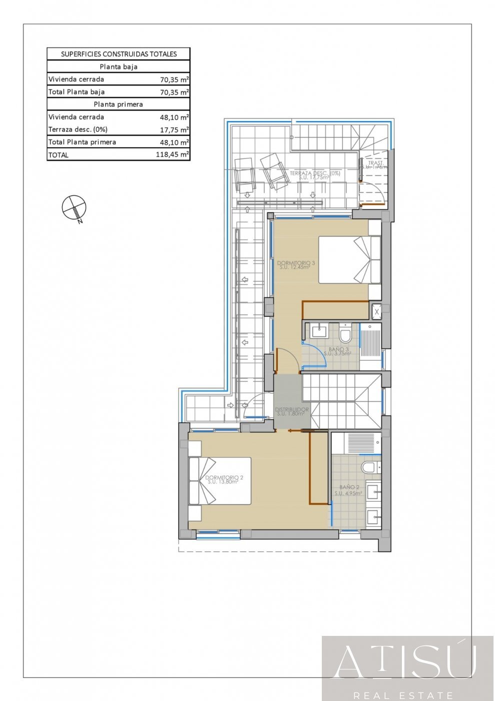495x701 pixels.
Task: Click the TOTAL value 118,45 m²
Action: point(172,155)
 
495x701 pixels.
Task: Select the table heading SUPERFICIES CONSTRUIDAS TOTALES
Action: point(119,54)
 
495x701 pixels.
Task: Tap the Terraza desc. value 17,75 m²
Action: point(174,130)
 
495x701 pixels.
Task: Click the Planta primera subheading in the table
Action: point(119,104)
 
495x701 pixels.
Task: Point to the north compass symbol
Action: point(74,207)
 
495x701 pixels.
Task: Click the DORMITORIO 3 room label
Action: point(296,264)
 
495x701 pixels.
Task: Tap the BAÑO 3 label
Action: point(338,350)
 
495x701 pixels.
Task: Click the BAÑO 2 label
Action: point(349,489)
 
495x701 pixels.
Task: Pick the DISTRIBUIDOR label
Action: point(292,411)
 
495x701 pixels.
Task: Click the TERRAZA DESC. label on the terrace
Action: point(315,175)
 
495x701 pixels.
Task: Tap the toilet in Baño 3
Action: point(345,332)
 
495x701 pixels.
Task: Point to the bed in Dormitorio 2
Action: point(220,481)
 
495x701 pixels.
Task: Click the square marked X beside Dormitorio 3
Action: point(377,312)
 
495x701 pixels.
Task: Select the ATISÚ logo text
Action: point(405,663)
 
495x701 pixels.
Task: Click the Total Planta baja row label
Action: point(77,92)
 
